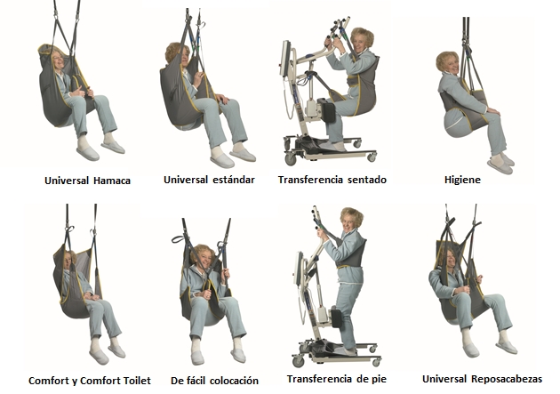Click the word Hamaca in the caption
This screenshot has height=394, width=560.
coord(112,181)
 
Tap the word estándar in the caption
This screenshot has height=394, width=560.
coord(234,180)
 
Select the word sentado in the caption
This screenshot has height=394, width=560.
coord(367,180)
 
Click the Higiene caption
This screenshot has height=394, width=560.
coord(462,180)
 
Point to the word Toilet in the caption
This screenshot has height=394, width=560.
coord(136,381)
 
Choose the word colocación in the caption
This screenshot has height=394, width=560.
coord(234,381)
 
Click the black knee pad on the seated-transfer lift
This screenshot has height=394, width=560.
coord(326,110)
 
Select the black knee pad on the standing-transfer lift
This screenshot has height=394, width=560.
coord(337,318)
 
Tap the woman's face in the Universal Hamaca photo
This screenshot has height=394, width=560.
coord(58,60)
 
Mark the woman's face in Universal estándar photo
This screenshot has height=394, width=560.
coord(185,56)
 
